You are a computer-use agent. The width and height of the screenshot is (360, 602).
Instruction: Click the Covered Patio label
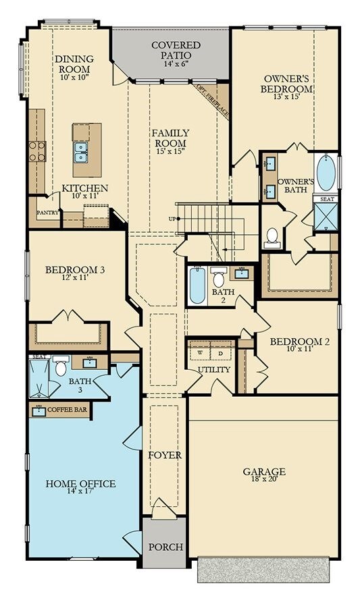pos(176,50)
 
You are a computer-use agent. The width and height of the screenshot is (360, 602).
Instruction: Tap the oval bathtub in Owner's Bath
pos(326,173)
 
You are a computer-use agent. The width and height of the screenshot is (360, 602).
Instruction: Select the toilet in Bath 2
pos(219,277)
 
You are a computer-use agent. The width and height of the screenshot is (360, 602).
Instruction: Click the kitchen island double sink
pos(81,152)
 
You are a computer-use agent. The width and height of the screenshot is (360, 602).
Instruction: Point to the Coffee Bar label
pos(68,410)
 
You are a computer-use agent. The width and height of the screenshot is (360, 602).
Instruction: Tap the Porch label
pos(166,547)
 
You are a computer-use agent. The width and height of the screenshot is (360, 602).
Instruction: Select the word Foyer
pos(165,456)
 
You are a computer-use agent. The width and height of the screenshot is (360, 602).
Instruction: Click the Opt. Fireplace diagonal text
pos(211,101)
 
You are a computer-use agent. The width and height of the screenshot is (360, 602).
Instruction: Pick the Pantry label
pos(48,213)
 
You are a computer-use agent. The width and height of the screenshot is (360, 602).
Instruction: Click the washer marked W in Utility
pos(200,352)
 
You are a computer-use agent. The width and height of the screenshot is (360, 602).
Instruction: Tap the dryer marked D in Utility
pos(221,352)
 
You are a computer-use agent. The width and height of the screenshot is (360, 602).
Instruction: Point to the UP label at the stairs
pos(172,219)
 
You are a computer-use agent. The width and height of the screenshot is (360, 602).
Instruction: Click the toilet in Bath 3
pos(60,366)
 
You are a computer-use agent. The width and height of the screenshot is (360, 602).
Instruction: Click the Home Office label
pos(80,483)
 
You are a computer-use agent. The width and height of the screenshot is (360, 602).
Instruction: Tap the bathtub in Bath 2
pos(198,285)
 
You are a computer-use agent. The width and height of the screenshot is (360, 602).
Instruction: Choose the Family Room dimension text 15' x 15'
pos(171,151)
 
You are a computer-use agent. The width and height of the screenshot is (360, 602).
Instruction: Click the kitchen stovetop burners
pos(37,151)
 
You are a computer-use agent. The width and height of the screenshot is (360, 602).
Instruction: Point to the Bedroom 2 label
pos(300,341)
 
